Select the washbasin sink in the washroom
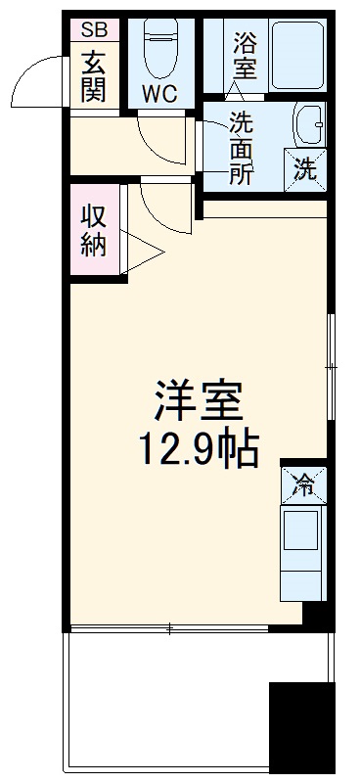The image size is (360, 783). (306, 127)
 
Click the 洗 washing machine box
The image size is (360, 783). (306, 169)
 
